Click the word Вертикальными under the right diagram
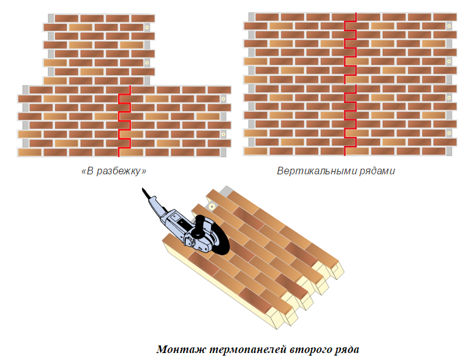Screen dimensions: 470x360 point(316,171)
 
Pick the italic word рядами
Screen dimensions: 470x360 point(377,171)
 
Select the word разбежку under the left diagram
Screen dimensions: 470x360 point(118,171)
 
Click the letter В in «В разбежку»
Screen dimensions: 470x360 point(90,171)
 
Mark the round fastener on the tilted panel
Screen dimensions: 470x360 point(212,207)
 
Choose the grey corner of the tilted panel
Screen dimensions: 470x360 point(227,191)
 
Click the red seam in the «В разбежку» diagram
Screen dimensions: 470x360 point(124,121)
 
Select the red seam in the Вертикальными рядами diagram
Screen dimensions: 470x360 point(351,84)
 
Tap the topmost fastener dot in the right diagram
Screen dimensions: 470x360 point(449,26)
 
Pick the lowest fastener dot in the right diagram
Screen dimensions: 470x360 point(449,133)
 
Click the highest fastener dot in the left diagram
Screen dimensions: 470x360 point(147,27)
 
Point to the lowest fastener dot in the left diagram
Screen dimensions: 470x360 point(223,135)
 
